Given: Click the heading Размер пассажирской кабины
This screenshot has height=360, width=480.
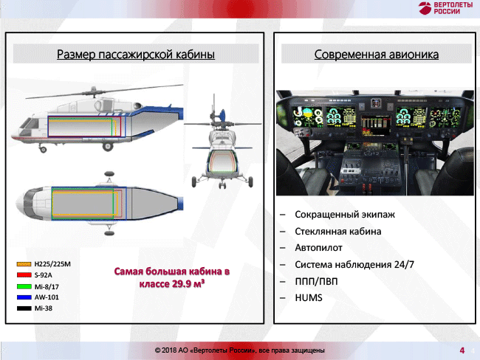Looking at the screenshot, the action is pos(136,55).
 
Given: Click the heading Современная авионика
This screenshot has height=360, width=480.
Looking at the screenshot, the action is pos(376,55).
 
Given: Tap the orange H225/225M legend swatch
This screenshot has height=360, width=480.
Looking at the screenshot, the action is pos(24,264).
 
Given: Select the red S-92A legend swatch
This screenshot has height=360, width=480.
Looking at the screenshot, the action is pos(24,275).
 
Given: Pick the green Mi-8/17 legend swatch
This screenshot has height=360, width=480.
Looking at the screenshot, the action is pos(24,286).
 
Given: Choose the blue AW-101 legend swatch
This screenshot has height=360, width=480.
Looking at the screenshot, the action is pos(24,297).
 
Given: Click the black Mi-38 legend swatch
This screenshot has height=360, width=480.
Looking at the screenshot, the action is pos(24,308).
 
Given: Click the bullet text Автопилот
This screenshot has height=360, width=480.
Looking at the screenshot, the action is pos(318,247).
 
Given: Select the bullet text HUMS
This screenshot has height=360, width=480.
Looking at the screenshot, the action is pos(309,297).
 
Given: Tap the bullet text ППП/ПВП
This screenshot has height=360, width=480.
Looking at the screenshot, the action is pos(316,281).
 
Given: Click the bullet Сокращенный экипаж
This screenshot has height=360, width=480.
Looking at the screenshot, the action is pos(345,215).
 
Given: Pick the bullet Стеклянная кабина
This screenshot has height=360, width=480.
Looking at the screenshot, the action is pos(338,231).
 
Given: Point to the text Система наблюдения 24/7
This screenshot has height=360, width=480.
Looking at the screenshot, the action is pos(354,264).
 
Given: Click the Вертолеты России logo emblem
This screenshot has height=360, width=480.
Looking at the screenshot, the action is pos(425,8).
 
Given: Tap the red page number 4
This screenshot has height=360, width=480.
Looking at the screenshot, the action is pos(462,350).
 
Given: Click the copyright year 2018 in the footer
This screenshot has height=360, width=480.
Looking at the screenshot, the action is pos(168,350).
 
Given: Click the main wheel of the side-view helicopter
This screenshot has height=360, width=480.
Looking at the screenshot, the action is pos(108,146).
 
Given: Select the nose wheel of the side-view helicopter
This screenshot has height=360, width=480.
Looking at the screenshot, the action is pos(43,150).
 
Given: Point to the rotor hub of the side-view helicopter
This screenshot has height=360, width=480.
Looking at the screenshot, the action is pos(92,91).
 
